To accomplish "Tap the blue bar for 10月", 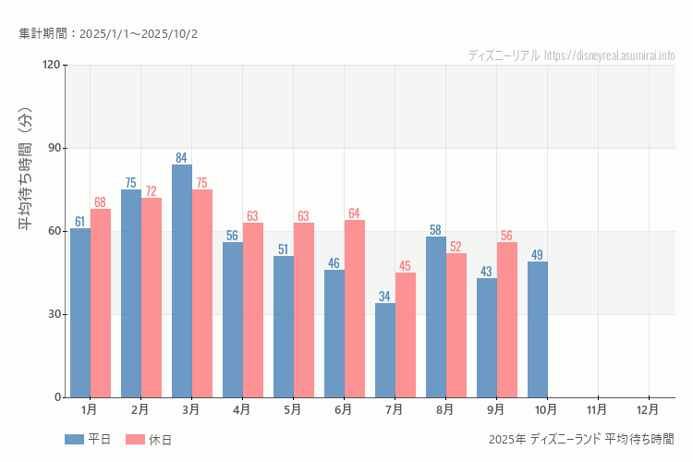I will click(538, 329).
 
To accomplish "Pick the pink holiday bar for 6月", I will click(355, 309).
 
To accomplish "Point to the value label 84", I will click(182, 157).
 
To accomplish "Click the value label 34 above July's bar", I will click(385, 296).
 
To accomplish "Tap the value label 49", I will click(538, 254).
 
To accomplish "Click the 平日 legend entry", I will click(88, 439).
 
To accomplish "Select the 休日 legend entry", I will click(149, 439).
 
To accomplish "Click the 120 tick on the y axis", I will click(50, 65).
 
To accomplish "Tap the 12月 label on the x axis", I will click(649, 408).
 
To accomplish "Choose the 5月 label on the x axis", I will click(293, 408).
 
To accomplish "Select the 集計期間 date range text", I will click(108, 34).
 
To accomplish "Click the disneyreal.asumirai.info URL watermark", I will click(610, 55).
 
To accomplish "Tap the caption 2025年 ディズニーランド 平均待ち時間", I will click(581, 438).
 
